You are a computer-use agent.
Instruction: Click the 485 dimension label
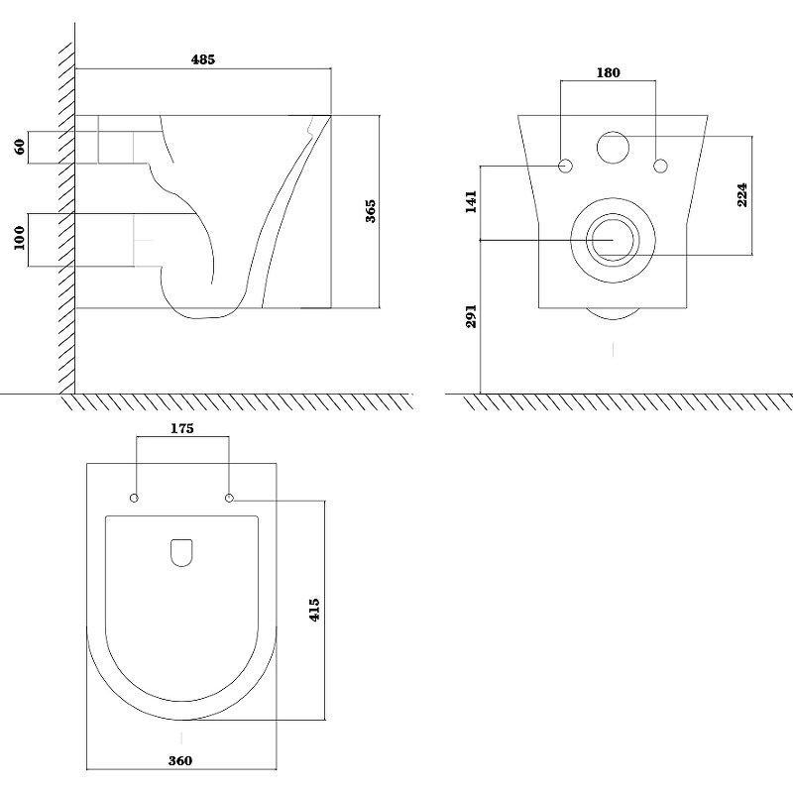[203, 59]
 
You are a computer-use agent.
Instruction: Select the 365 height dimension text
[370, 211]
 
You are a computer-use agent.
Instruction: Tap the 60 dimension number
[20, 147]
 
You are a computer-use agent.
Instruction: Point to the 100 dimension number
[19, 238]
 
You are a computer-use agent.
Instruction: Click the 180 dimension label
[608, 72]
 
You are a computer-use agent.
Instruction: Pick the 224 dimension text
[741, 194]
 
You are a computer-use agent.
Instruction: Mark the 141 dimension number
[471, 201]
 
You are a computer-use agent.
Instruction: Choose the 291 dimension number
[471, 316]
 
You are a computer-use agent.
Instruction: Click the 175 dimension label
[182, 428]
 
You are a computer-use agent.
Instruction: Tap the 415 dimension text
[314, 610]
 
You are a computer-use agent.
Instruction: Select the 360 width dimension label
[180, 760]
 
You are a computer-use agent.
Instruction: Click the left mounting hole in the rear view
[565, 166]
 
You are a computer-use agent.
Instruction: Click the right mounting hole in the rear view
[660, 166]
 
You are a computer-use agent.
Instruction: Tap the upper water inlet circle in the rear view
[613, 148]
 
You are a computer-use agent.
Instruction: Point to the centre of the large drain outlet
[613, 240]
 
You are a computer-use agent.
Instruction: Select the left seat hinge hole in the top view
[134, 499]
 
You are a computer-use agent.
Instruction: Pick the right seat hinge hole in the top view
[229, 499]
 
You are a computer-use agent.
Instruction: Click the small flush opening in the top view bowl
[182, 552]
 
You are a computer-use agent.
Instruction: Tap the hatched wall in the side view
[66, 217]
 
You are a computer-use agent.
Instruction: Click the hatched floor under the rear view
[627, 402]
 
